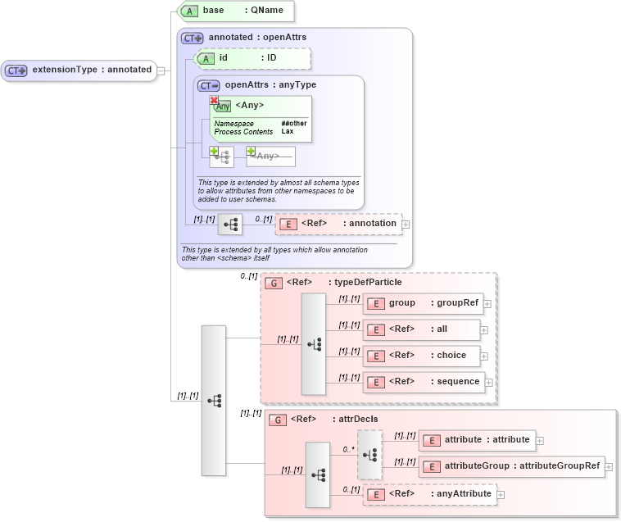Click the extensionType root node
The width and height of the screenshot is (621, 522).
(79, 70)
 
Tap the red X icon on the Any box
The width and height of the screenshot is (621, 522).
(214, 99)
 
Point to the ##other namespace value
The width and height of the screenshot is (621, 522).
(293, 124)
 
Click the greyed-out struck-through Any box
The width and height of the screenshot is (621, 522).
(270, 156)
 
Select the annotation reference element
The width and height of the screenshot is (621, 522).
(338, 223)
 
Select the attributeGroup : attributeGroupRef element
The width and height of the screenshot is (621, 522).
(511, 467)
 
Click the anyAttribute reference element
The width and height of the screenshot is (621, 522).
(429, 493)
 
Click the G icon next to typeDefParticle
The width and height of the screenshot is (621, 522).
(275, 283)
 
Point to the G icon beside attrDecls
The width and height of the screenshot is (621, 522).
(279, 419)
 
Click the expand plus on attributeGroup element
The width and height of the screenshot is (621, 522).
(610, 468)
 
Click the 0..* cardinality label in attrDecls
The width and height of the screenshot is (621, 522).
(348, 450)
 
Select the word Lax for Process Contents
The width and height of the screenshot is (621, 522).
(288, 131)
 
